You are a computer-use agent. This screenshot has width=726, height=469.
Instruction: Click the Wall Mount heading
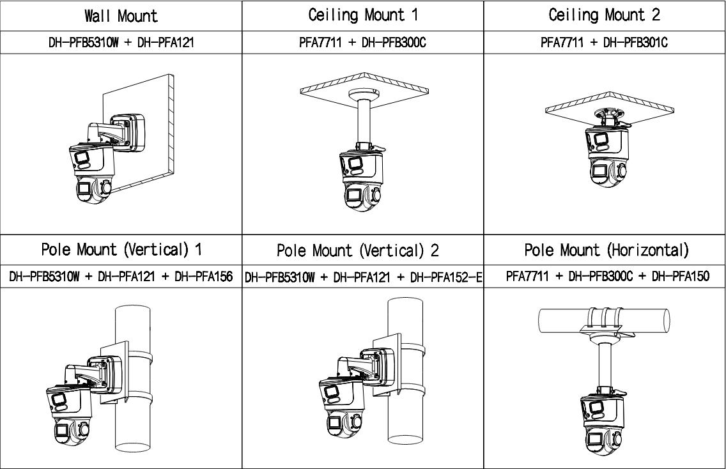point(121,15)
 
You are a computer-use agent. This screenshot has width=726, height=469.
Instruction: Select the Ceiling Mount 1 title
point(362,15)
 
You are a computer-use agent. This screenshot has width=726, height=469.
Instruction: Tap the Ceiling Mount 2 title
point(605,15)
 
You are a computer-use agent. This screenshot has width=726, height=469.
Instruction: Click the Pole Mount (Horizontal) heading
point(606,250)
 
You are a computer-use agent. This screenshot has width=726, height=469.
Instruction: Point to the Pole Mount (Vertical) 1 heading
point(121,250)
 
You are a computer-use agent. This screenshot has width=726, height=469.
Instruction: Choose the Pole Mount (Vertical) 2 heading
point(358,250)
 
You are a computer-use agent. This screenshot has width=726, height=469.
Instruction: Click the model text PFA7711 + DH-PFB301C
point(605,43)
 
